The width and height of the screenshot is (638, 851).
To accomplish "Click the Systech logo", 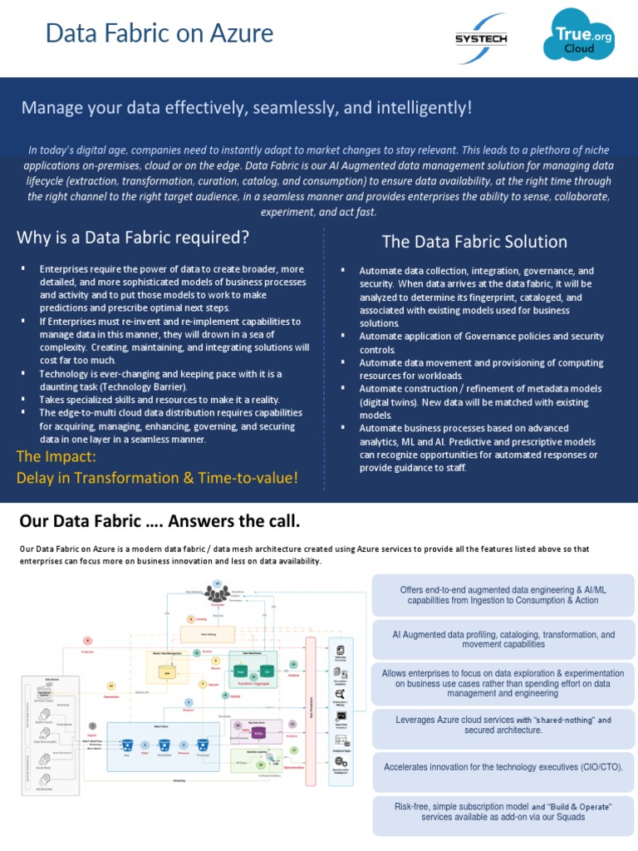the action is (481, 37).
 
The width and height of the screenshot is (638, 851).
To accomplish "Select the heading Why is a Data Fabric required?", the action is (133, 238).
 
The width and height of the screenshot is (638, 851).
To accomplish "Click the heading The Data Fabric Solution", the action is (474, 242).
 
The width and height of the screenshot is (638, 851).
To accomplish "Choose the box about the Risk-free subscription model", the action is (503, 811).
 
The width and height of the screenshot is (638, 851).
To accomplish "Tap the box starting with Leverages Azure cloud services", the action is (503, 724).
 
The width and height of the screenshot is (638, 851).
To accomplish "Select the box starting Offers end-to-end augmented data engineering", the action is (503, 594).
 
